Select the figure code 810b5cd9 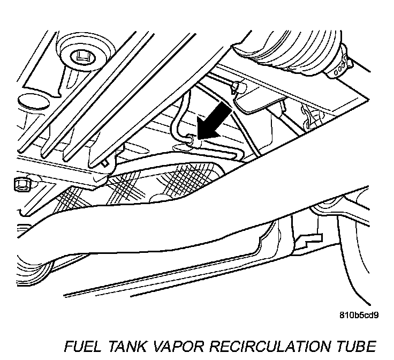(x=359, y=315)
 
